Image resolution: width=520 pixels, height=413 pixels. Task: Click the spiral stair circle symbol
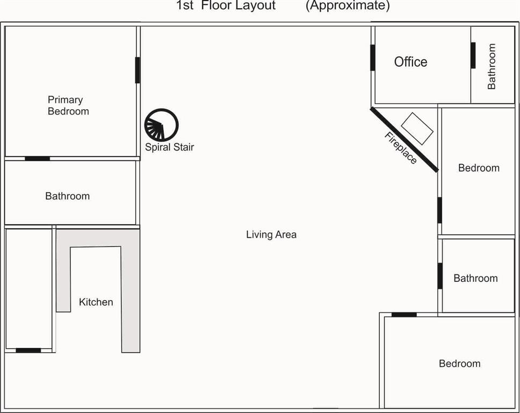click(161, 125)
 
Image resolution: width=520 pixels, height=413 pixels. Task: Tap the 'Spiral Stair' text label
click(169, 147)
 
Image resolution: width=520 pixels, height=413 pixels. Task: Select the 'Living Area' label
click(271, 234)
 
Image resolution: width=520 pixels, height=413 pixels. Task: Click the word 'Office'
click(410, 62)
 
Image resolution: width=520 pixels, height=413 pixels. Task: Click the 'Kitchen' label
click(96, 302)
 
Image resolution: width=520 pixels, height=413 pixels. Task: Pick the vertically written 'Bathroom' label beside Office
click(492, 66)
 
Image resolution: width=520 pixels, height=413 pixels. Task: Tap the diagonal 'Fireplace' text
click(401, 148)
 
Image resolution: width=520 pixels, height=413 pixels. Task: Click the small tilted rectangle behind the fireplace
click(417, 128)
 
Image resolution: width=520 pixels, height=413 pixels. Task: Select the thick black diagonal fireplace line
click(404, 139)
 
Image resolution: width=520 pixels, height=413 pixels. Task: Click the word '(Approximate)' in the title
click(348, 6)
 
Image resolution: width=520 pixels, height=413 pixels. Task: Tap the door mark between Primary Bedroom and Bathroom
click(37, 159)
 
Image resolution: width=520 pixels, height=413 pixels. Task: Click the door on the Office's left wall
click(372, 58)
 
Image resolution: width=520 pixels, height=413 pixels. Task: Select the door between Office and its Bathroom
click(473, 55)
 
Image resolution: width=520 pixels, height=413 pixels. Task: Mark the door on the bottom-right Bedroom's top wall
click(403, 315)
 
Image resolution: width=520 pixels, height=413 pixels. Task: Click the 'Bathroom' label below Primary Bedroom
click(67, 196)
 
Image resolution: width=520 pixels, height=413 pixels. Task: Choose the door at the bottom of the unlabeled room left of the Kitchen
click(28, 351)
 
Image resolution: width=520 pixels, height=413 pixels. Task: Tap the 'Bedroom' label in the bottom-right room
click(459, 364)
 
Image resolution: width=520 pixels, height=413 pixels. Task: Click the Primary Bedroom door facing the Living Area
click(138, 70)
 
